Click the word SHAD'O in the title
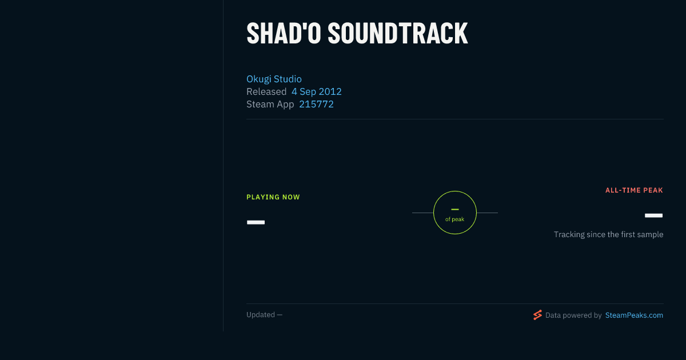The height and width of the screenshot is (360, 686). (x=284, y=33)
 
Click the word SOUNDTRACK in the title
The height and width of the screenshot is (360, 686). (x=398, y=33)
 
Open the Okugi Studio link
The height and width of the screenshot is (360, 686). (x=274, y=79)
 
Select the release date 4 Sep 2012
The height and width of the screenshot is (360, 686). (x=316, y=91)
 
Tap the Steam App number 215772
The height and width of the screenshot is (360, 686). (x=316, y=104)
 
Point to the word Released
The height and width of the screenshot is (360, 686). (x=266, y=91)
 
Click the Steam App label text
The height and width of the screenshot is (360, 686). (x=270, y=105)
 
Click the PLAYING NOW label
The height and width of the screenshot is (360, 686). (x=273, y=197)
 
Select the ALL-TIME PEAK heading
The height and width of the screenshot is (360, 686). (x=634, y=190)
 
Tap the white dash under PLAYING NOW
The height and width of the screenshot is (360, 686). (x=256, y=222)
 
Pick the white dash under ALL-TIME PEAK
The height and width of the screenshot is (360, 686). (x=653, y=215)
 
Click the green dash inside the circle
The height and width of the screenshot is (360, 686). (x=455, y=209)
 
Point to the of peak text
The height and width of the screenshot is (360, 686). (x=455, y=219)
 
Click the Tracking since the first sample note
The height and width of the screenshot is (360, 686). (x=608, y=234)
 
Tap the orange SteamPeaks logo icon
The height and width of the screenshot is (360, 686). (x=537, y=315)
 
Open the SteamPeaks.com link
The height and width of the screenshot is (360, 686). (x=634, y=315)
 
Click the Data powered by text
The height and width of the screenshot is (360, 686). (x=573, y=315)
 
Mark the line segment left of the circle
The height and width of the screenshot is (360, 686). (x=422, y=213)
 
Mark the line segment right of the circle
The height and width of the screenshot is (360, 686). (x=487, y=213)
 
